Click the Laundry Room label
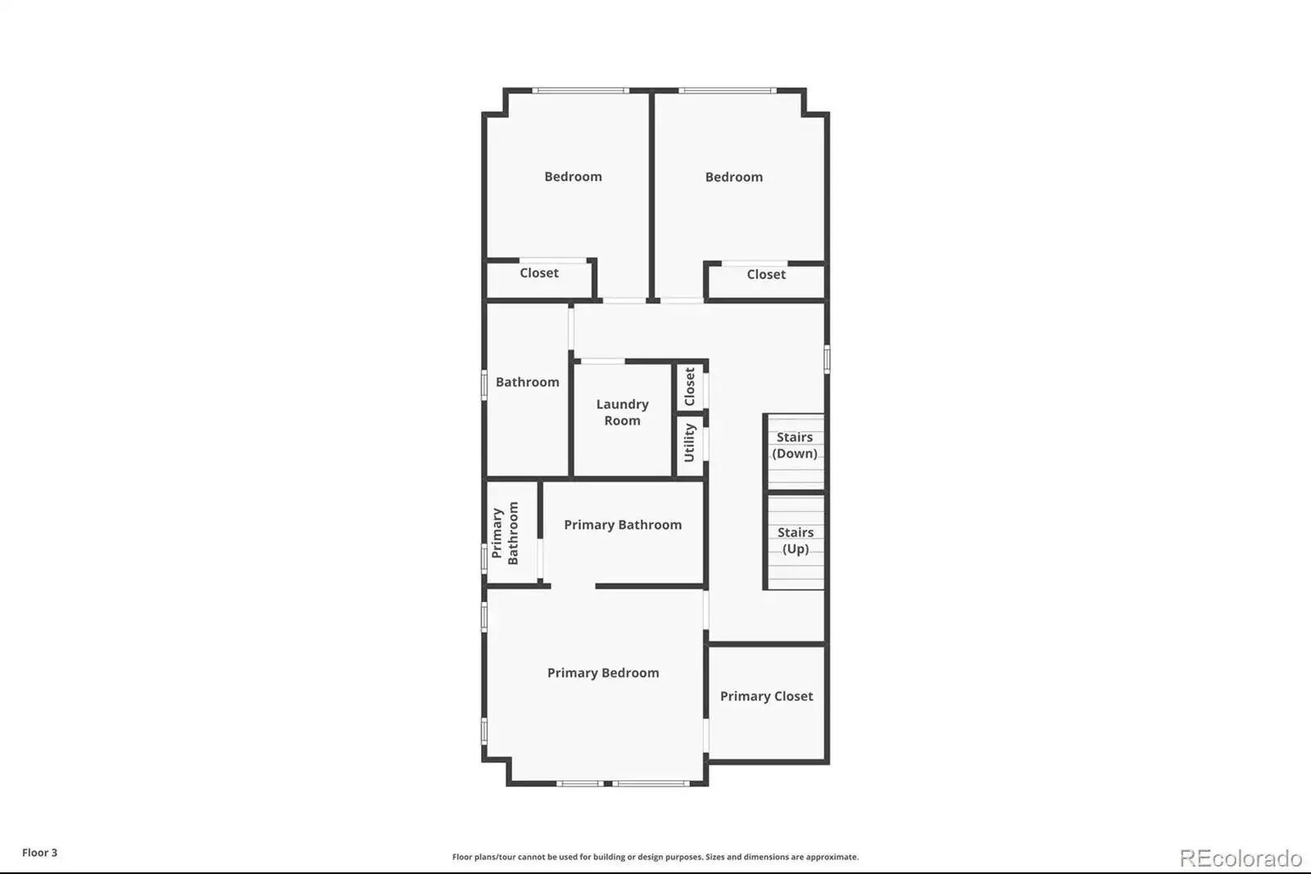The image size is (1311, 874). [622, 412]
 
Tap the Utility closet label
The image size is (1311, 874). [689, 443]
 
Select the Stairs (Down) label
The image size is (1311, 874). [795, 445]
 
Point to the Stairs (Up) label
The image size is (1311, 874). [796, 540]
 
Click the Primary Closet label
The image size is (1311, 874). [767, 696]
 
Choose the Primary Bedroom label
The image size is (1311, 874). [603, 673]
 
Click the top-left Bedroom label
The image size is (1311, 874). [573, 176]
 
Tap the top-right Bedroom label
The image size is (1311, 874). [734, 177]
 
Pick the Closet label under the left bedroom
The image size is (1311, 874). [539, 273]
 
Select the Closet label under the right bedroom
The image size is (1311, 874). [766, 274]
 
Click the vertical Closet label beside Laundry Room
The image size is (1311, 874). [689, 387]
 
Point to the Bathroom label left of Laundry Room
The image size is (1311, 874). [528, 382]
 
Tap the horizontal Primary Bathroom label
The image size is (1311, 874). [623, 525]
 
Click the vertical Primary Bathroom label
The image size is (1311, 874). [505, 533]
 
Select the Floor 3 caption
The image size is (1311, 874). [40, 853]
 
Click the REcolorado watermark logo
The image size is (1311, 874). [1241, 858]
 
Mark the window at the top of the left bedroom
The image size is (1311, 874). [581, 91]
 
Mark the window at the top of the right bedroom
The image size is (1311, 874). [728, 91]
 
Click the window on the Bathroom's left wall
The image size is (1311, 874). [484, 385]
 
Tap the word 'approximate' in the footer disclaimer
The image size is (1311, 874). [832, 857]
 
